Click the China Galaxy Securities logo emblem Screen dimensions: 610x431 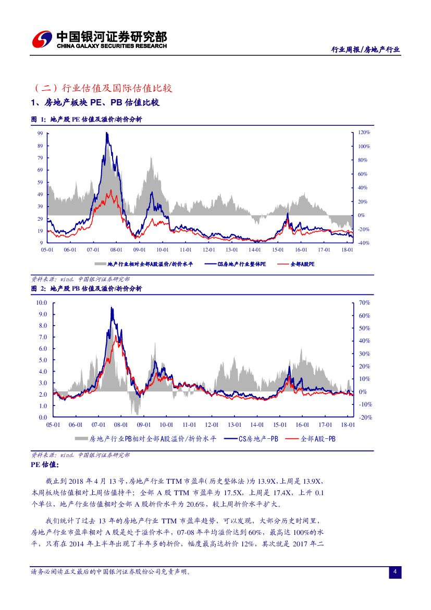[42, 39]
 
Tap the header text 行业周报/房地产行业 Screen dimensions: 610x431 [366, 50]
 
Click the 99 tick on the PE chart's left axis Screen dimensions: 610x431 [40, 134]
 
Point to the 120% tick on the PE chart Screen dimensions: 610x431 [364, 133]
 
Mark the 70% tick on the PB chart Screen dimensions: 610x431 [364, 303]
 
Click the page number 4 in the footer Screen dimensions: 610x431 [395, 572]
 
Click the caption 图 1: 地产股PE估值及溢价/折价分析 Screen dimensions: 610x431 [87, 119]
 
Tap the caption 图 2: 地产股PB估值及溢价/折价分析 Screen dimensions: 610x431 [87, 288]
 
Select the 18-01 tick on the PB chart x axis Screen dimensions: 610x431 [348, 425]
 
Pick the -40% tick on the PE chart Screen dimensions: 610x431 [363, 243]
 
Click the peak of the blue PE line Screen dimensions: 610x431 [106, 133]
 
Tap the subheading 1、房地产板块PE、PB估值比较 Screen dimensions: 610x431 [95, 103]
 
